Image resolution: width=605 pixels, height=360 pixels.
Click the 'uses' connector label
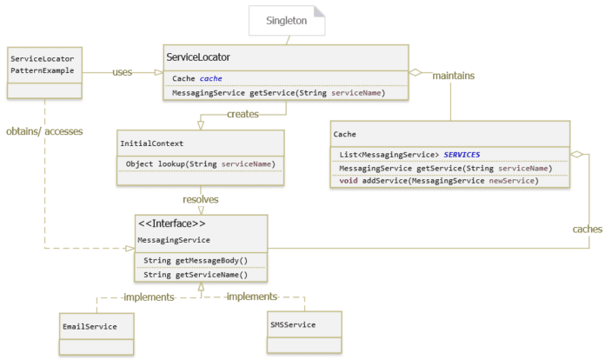[x=123, y=72]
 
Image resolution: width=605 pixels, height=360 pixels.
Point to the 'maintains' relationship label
[x=454, y=76]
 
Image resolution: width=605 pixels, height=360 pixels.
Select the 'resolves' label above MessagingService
[x=200, y=199]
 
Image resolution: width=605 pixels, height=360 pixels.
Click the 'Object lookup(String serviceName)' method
[x=201, y=163]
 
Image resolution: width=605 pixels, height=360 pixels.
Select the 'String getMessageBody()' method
[x=196, y=260]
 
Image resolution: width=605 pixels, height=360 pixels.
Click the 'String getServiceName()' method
[x=196, y=274]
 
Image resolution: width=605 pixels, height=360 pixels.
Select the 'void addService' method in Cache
[x=439, y=181]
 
